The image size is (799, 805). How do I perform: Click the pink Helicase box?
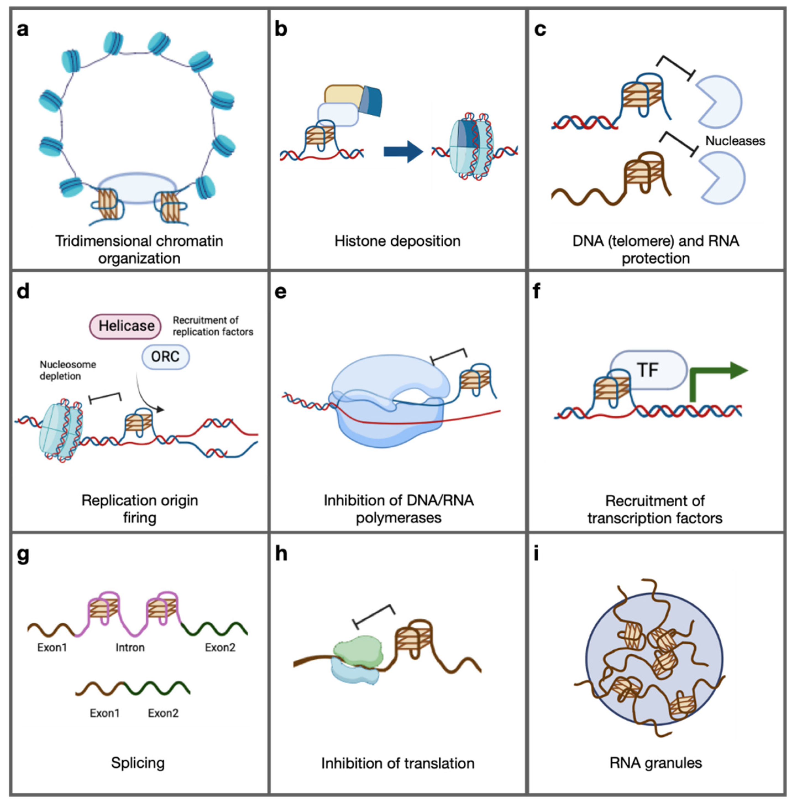(x=125, y=326)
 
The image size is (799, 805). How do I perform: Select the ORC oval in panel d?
(x=165, y=357)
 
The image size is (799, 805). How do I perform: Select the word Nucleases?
(x=735, y=141)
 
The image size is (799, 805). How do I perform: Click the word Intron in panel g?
(x=130, y=648)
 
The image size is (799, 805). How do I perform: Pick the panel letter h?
(x=281, y=554)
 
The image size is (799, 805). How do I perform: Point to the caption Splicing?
(x=138, y=763)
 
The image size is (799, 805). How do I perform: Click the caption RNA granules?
(x=656, y=763)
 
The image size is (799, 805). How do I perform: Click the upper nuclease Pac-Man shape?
(x=718, y=102)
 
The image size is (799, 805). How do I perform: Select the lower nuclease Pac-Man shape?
(x=722, y=178)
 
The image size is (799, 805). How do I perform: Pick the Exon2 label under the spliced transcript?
(x=163, y=713)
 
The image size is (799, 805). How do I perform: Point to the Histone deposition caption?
(x=397, y=241)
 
